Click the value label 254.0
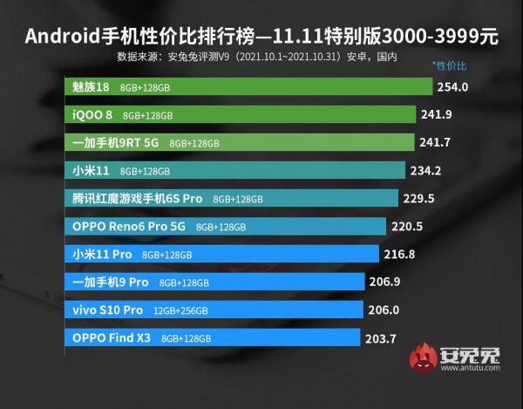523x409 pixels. pyautogui.click(x=454, y=87)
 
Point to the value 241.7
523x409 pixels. pyautogui.click(x=435, y=143)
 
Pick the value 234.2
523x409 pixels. pyautogui.click(x=425, y=171)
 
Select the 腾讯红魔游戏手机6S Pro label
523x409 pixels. pyautogui.click(x=138, y=199)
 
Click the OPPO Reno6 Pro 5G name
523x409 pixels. pyautogui.click(x=129, y=227)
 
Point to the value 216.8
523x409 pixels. pyautogui.click(x=400, y=255)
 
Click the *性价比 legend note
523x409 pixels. pyautogui.click(x=450, y=66)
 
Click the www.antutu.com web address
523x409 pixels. pyautogui.click(x=470, y=368)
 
